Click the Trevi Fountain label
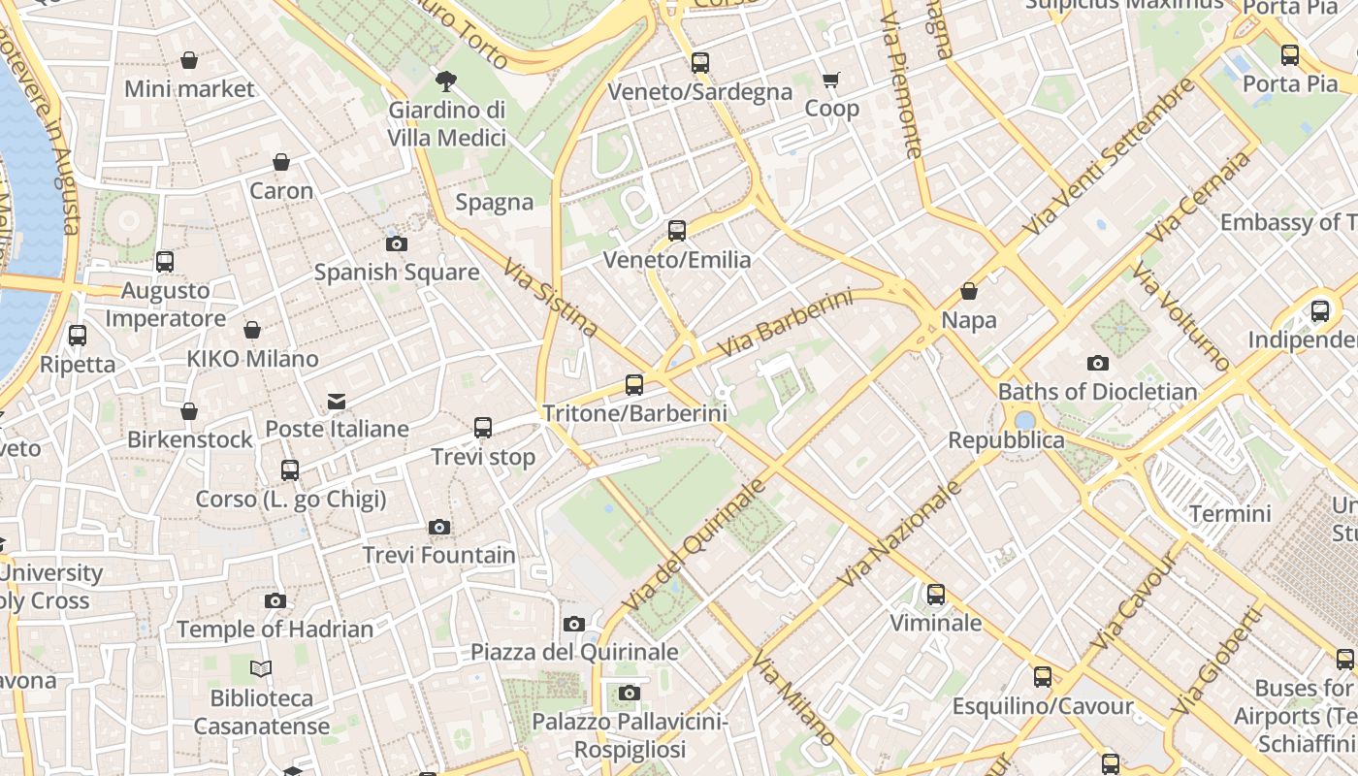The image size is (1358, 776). (x=438, y=555)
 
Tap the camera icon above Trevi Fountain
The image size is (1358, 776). (x=439, y=527)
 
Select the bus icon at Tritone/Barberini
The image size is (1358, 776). (x=634, y=385)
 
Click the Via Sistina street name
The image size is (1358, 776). (x=550, y=297)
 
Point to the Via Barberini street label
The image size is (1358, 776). (x=785, y=323)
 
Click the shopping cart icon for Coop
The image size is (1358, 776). (x=831, y=80)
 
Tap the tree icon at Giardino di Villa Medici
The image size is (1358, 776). (x=446, y=81)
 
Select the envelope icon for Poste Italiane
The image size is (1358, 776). (x=337, y=401)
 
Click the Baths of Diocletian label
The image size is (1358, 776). (x=1097, y=392)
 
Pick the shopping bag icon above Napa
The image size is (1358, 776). (x=968, y=291)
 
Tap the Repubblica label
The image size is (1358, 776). (x=1006, y=440)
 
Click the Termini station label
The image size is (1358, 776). (x=1229, y=513)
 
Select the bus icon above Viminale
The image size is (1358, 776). (x=936, y=595)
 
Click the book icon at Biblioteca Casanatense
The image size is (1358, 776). (x=261, y=668)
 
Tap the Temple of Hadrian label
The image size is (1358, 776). (x=275, y=630)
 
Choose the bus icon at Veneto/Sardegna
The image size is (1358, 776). (x=700, y=63)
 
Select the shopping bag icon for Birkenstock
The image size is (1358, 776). (x=189, y=411)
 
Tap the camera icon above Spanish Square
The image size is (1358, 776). (x=396, y=243)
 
